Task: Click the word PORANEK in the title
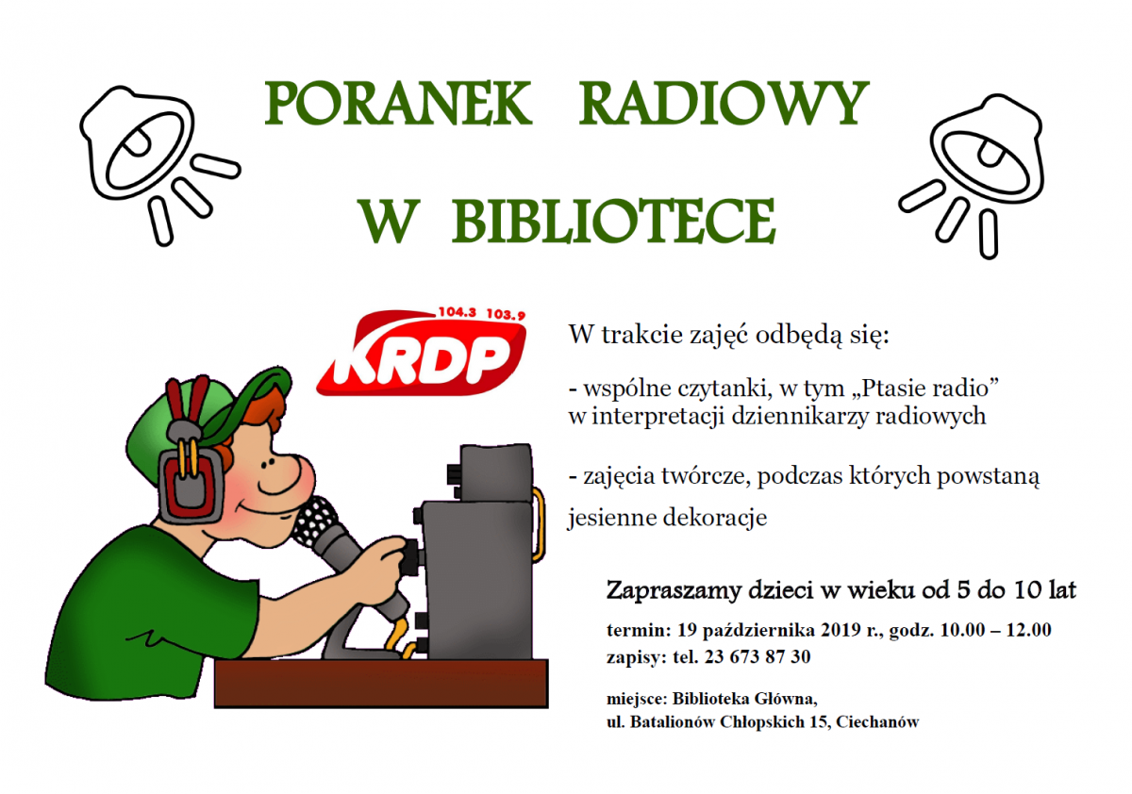(x=398, y=104)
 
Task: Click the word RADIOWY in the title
(x=724, y=104)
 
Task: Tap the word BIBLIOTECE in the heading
(x=613, y=221)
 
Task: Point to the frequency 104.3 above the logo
(x=457, y=311)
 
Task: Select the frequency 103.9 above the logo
(x=506, y=314)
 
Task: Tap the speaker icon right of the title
(x=972, y=175)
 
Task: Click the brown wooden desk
(x=381, y=683)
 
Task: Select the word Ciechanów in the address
(x=878, y=722)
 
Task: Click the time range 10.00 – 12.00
(x=995, y=630)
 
